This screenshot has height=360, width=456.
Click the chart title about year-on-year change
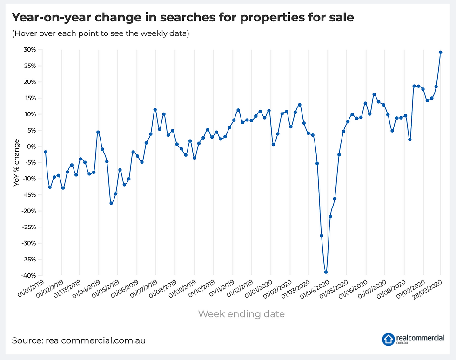pos(182,18)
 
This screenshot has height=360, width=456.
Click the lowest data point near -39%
pos(326,272)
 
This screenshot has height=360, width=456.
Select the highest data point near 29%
pos(441,52)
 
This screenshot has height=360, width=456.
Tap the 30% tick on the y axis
pos(29,50)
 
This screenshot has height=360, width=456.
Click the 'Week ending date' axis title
pos(241,314)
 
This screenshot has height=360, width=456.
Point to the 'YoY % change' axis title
pos(17,162)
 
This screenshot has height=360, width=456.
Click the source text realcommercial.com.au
pos(79,340)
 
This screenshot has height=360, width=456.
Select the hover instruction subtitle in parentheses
pos(100,34)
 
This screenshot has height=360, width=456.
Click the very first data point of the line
pos(45,152)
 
